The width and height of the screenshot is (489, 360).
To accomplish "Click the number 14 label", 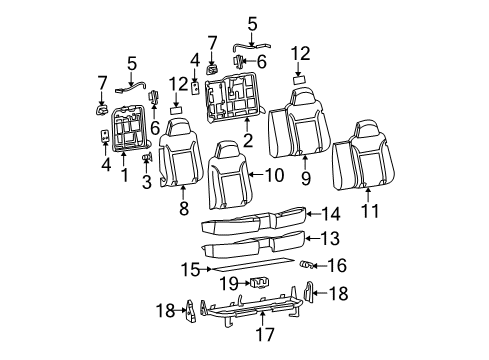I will [x=331, y=213].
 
